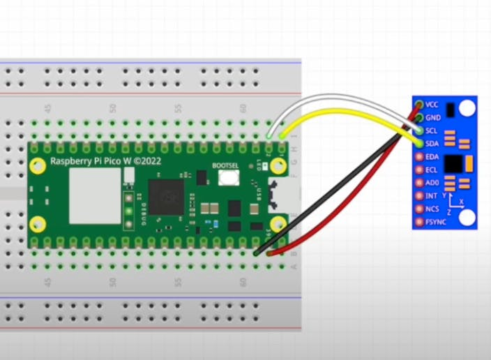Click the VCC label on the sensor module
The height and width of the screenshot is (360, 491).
click(432, 105)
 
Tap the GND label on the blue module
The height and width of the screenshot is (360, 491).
click(432, 117)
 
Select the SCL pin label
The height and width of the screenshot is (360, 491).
click(432, 130)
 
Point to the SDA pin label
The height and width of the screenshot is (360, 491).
click(432, 144)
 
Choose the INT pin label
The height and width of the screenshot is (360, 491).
click(431, 196)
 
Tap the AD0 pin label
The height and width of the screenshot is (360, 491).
click(432, 183)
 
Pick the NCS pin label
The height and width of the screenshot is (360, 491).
click(432, 209)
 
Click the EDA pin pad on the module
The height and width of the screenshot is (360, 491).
click(418, 157)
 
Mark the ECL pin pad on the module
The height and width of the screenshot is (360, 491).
click(418, 170)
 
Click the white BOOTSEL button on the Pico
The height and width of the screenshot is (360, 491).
click(227, 177)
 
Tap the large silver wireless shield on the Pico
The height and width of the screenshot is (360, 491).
click(95, 195)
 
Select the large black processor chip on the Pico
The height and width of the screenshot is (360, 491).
click(166, 196)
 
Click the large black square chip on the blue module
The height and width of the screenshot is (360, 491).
click(454, 163)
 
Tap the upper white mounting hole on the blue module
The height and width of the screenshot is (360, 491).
click(467, 108)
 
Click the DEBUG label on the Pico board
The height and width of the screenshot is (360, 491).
click(137, 206)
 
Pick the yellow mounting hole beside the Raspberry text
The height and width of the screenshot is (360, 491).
click(40, 165)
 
